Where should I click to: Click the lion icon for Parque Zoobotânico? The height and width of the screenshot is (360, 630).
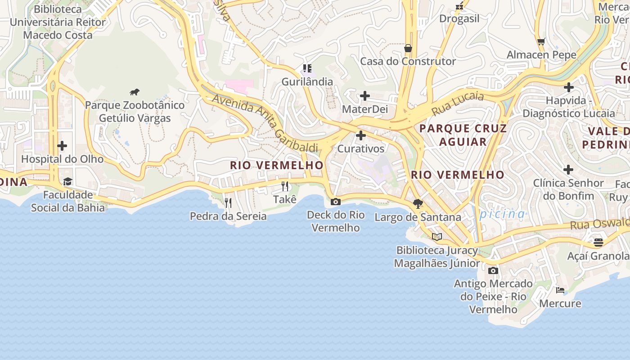tap(134, 92)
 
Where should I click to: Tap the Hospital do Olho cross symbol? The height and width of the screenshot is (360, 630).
tap(62, 146)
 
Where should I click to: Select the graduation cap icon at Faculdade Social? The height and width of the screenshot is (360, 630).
tap(67, 181)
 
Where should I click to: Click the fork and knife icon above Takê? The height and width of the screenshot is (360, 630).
tap(285, 186)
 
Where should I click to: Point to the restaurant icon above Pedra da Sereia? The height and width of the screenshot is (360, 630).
tap(228, 203)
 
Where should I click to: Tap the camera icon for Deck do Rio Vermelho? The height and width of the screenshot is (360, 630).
tap(336, 202)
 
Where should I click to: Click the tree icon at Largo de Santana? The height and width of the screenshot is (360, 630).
tap(418, 204)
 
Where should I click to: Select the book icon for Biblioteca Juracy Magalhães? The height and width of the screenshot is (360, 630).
tap(436, 237)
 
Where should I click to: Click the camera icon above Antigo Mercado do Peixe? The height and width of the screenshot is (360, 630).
tap(493, 270)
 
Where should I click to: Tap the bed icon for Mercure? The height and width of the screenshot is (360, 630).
tap(560, 290)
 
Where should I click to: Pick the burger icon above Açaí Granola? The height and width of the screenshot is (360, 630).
tap(598, 243)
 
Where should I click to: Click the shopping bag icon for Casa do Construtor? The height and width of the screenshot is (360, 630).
tap(408, 48)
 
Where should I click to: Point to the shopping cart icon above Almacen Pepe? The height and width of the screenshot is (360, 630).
tap(541, 42)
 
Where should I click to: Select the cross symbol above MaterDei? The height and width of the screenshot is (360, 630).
tap(364, 96)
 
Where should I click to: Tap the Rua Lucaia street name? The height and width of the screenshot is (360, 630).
tap(458, 103)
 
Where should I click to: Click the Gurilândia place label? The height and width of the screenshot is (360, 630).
tap(307, 82)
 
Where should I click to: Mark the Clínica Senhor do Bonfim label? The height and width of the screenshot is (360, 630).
tap(568, 189)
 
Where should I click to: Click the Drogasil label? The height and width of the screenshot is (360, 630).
tap(459, 18)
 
